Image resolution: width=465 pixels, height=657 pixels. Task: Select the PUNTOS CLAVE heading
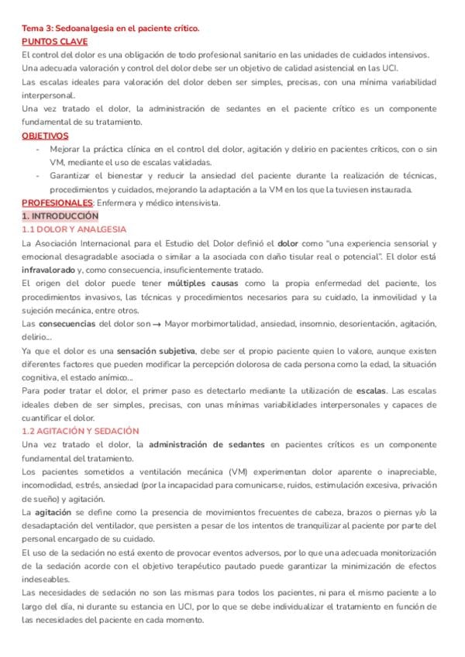pos(54,42)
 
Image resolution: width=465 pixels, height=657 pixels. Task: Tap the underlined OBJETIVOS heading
pos(45,136)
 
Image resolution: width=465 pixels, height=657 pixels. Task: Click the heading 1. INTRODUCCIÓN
pos(60,216)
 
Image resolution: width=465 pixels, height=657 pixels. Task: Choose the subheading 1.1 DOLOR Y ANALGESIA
pos(74,229)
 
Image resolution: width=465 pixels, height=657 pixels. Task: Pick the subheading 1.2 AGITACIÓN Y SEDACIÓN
pos(81,431)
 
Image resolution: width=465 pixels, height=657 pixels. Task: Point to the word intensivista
pos(197,203)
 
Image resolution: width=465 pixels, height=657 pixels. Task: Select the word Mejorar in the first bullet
pos(67,150)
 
